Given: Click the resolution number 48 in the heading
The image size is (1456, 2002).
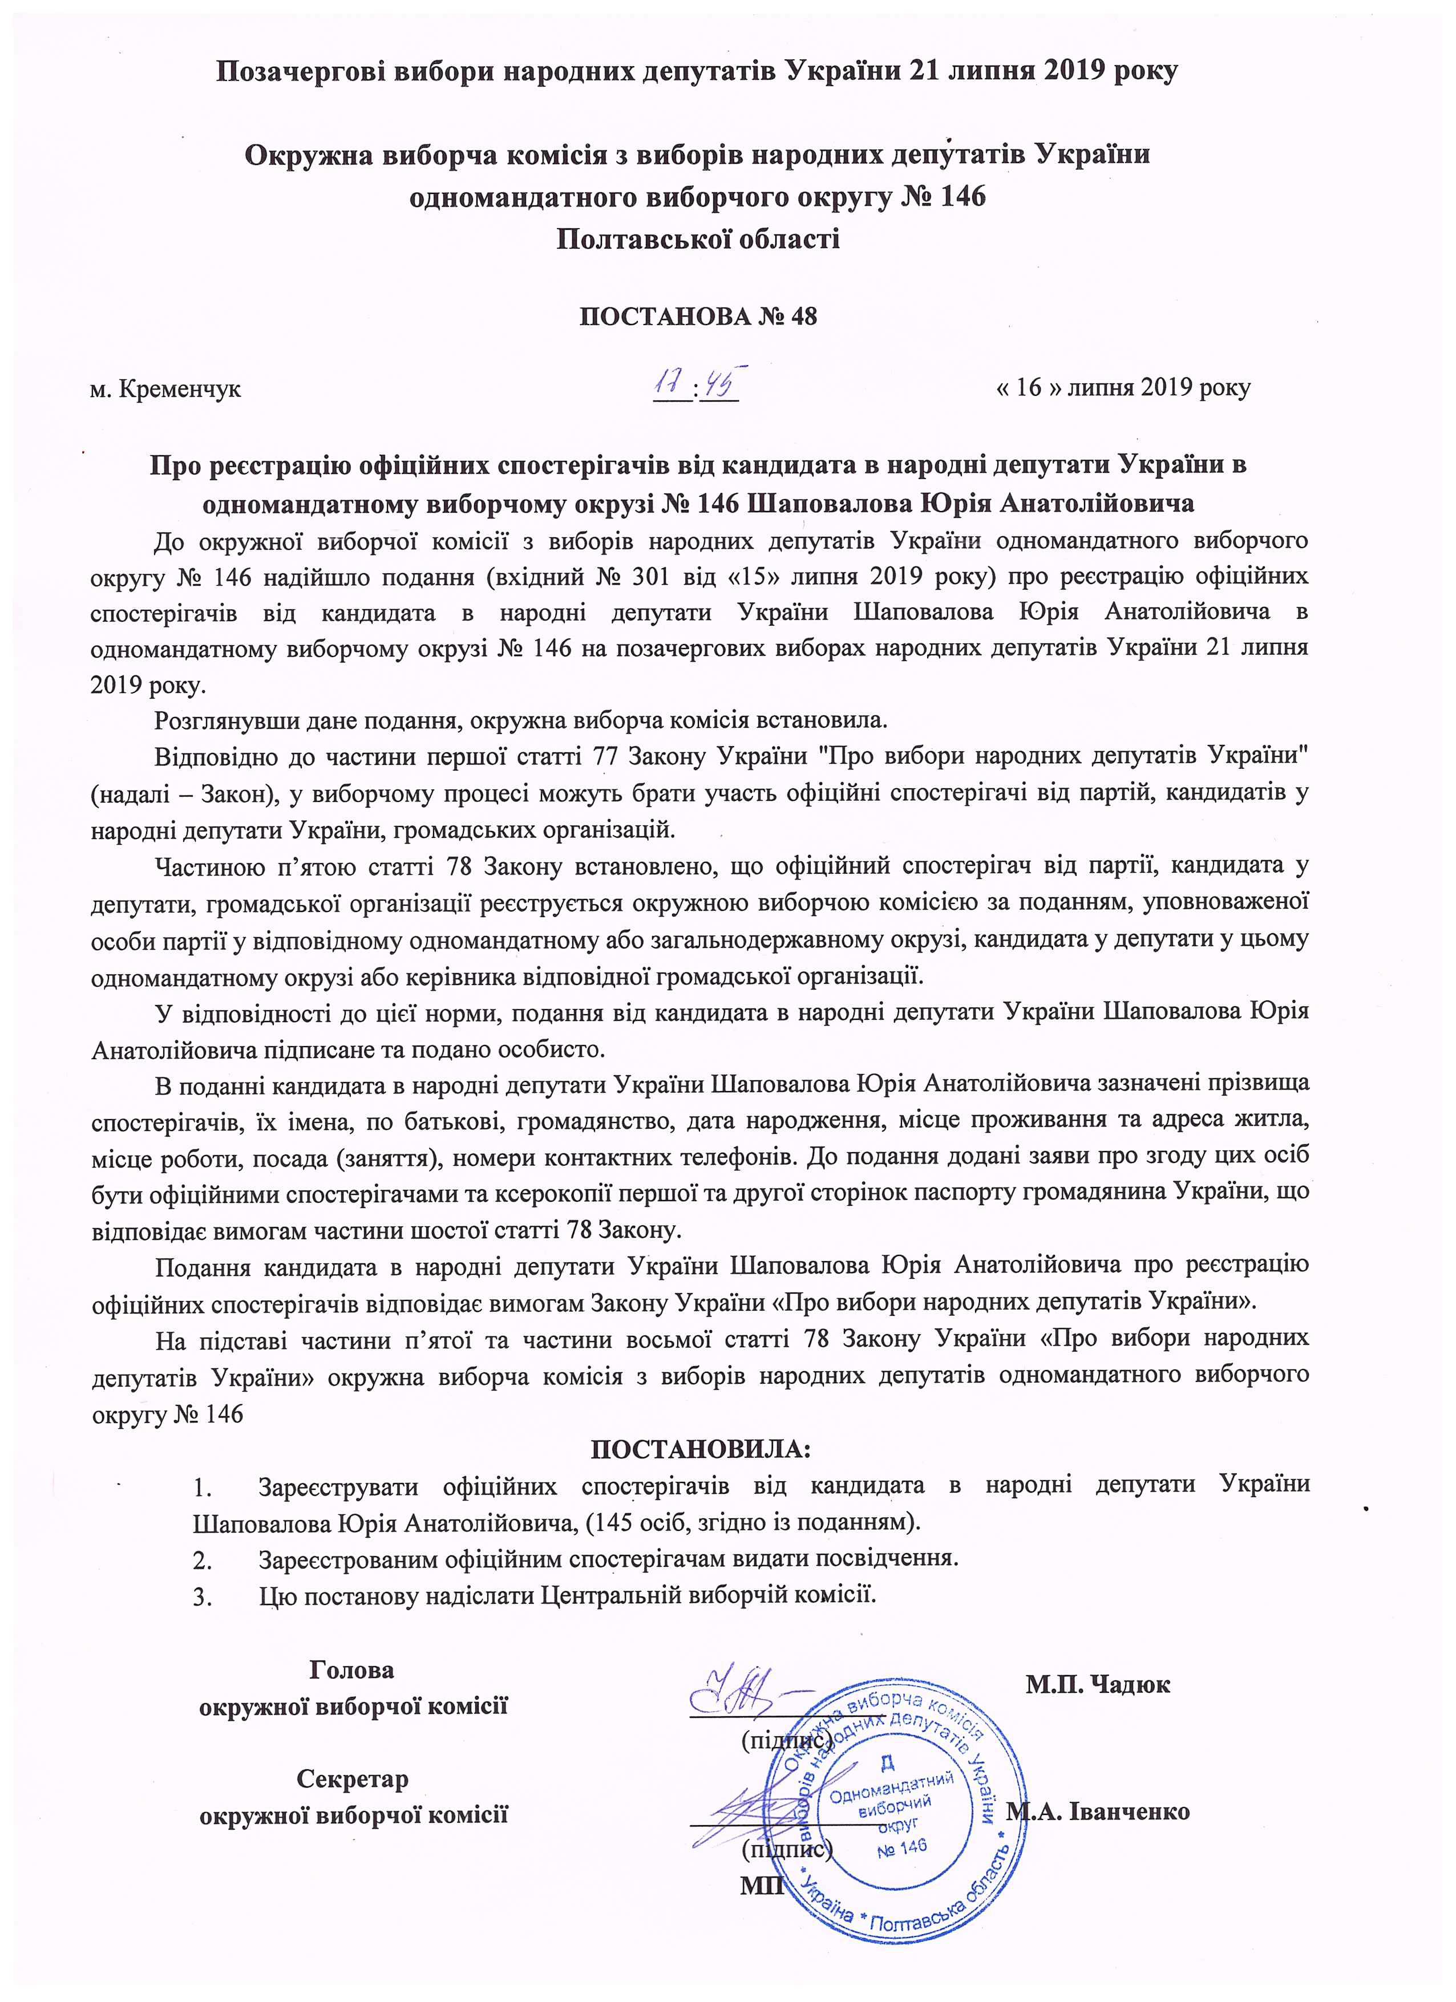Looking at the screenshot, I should click(x=804, y=316).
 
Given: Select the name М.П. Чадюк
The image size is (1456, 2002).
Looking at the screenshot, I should click(x=1098, y=1683).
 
